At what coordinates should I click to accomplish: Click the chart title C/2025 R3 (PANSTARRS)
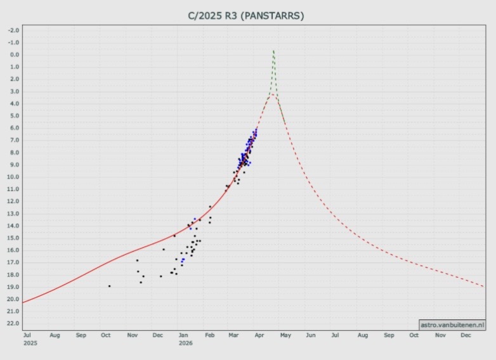tap(247, 15)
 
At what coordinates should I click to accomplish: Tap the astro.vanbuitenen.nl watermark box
tap(452, 325)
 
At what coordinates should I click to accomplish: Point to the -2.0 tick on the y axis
tap(13, 30)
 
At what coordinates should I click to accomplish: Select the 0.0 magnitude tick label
tap(14, 55)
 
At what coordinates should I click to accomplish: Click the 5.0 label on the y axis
tap(14, 116)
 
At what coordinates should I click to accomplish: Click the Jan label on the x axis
tap(183, 335)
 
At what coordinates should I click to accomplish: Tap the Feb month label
tap(209, 335)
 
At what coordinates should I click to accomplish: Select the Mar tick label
tap(233, 335)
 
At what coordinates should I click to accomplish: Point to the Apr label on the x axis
tap(259, 335)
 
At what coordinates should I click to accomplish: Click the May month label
tap(285, 335)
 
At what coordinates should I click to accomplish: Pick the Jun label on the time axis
tap(311, 335)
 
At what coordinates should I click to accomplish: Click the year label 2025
tap(30, 343)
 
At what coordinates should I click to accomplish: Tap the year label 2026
tap(185, 343)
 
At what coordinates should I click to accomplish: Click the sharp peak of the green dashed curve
tap(273, 50)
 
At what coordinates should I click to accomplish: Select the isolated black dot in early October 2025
tap(109, 286)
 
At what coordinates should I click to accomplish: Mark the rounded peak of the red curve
tap(271, 94)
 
